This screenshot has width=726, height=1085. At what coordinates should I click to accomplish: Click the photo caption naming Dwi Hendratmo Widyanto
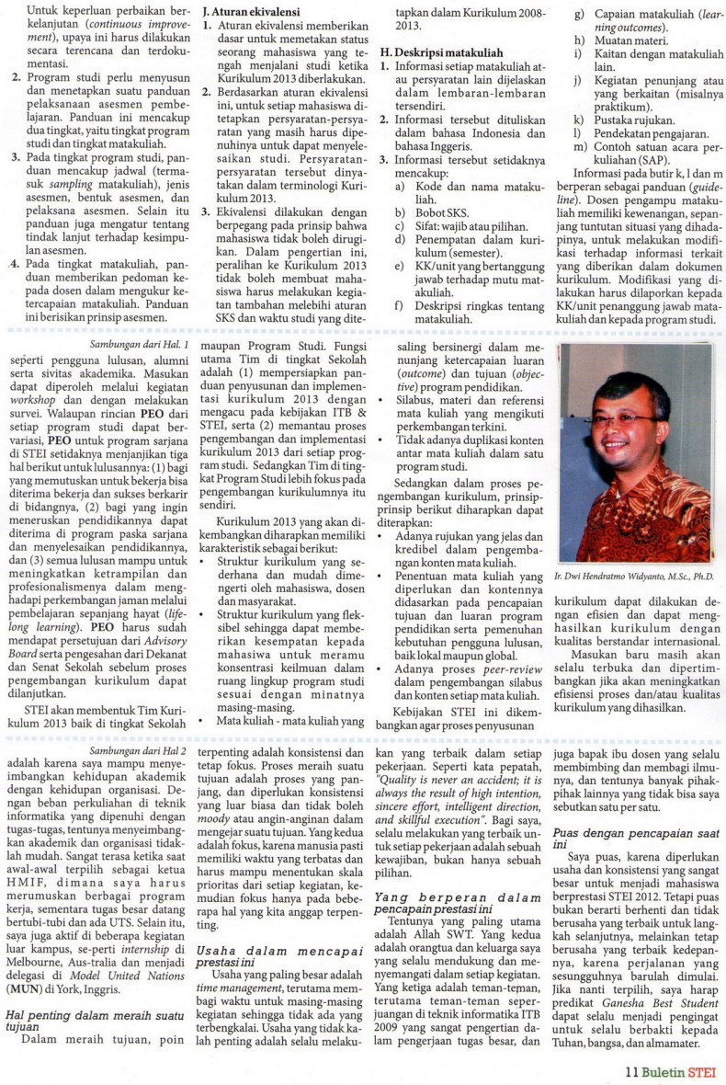click(633, 576)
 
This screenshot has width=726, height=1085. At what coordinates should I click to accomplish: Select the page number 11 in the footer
click(630, 1070)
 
